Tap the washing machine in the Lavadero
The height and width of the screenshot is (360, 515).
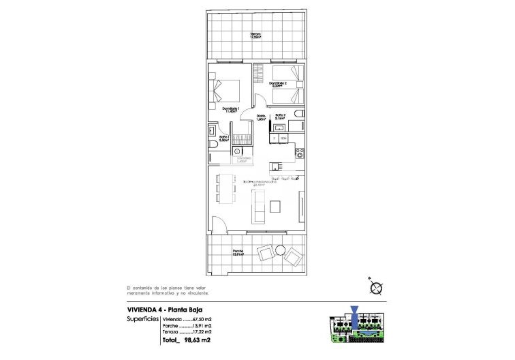pyautogui.click(x=237, y=152)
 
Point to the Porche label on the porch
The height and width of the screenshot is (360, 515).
pyautogui.click(x=238, y=252)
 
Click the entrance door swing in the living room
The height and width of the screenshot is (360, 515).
pyautogui.click(x=218, y=223)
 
